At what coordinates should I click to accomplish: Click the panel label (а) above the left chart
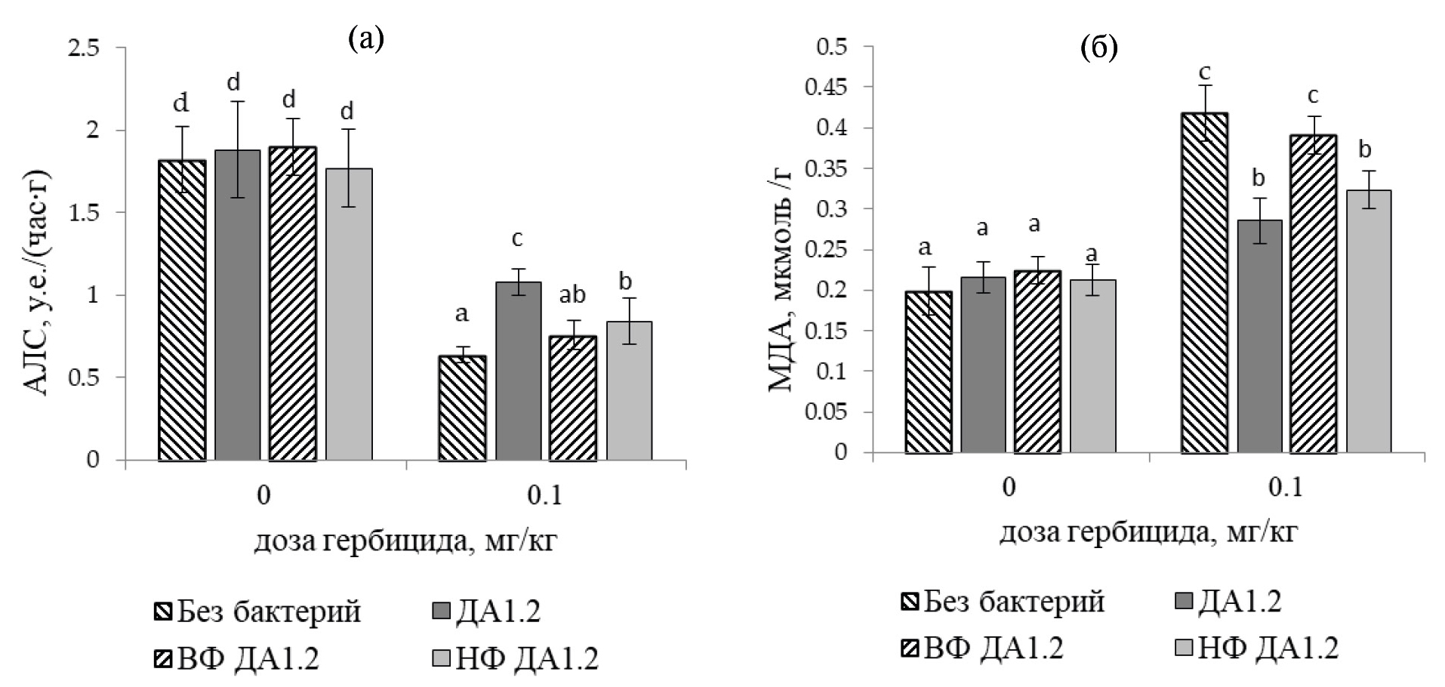(x=366, y=38)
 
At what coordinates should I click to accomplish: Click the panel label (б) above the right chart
(x=1098, y=48)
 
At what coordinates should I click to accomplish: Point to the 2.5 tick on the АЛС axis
(x=84, y=48)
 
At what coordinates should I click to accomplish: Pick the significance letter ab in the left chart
(x=572, y=295)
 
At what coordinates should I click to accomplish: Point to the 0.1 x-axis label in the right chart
(x=1286, y=488)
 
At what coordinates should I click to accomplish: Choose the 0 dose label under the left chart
(x=263, y=496)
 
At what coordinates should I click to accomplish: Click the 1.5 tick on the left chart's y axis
(x=84, y=213)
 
